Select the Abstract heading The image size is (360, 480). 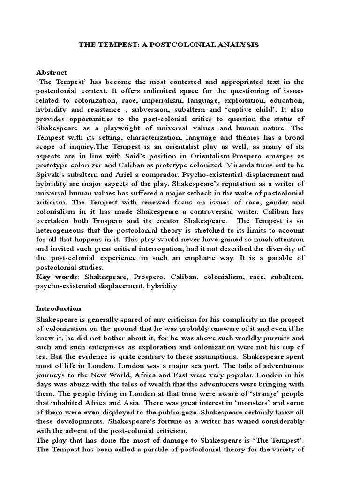click(x=52, y=72)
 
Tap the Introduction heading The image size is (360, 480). click(x=59, y=308)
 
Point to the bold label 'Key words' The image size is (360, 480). click(x=53, y=277)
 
